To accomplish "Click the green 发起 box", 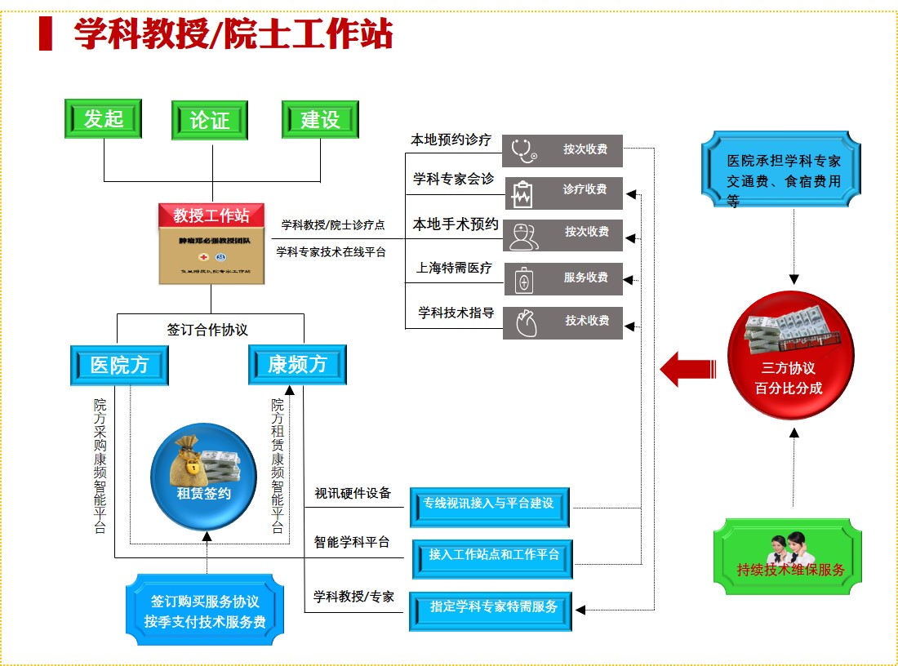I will (x=104, y=119).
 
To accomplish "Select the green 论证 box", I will (x=210, y=121).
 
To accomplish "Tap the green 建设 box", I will (x=320, y=120).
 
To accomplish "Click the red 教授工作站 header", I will (x=211, y=215).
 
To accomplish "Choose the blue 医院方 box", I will (x=119, y=365).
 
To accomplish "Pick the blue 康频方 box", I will (x=297, y=364).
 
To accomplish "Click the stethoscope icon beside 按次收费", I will (x=524, y=150).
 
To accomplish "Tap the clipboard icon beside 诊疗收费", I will (x=522, y=193).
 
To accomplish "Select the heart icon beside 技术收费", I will (x=523, y=322).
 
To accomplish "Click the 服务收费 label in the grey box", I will (x=585, y=277).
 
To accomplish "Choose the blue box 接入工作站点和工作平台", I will (x=492, y=555).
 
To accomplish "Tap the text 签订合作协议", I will (x=207, y=330).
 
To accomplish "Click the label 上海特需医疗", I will (x=454, y=268).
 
